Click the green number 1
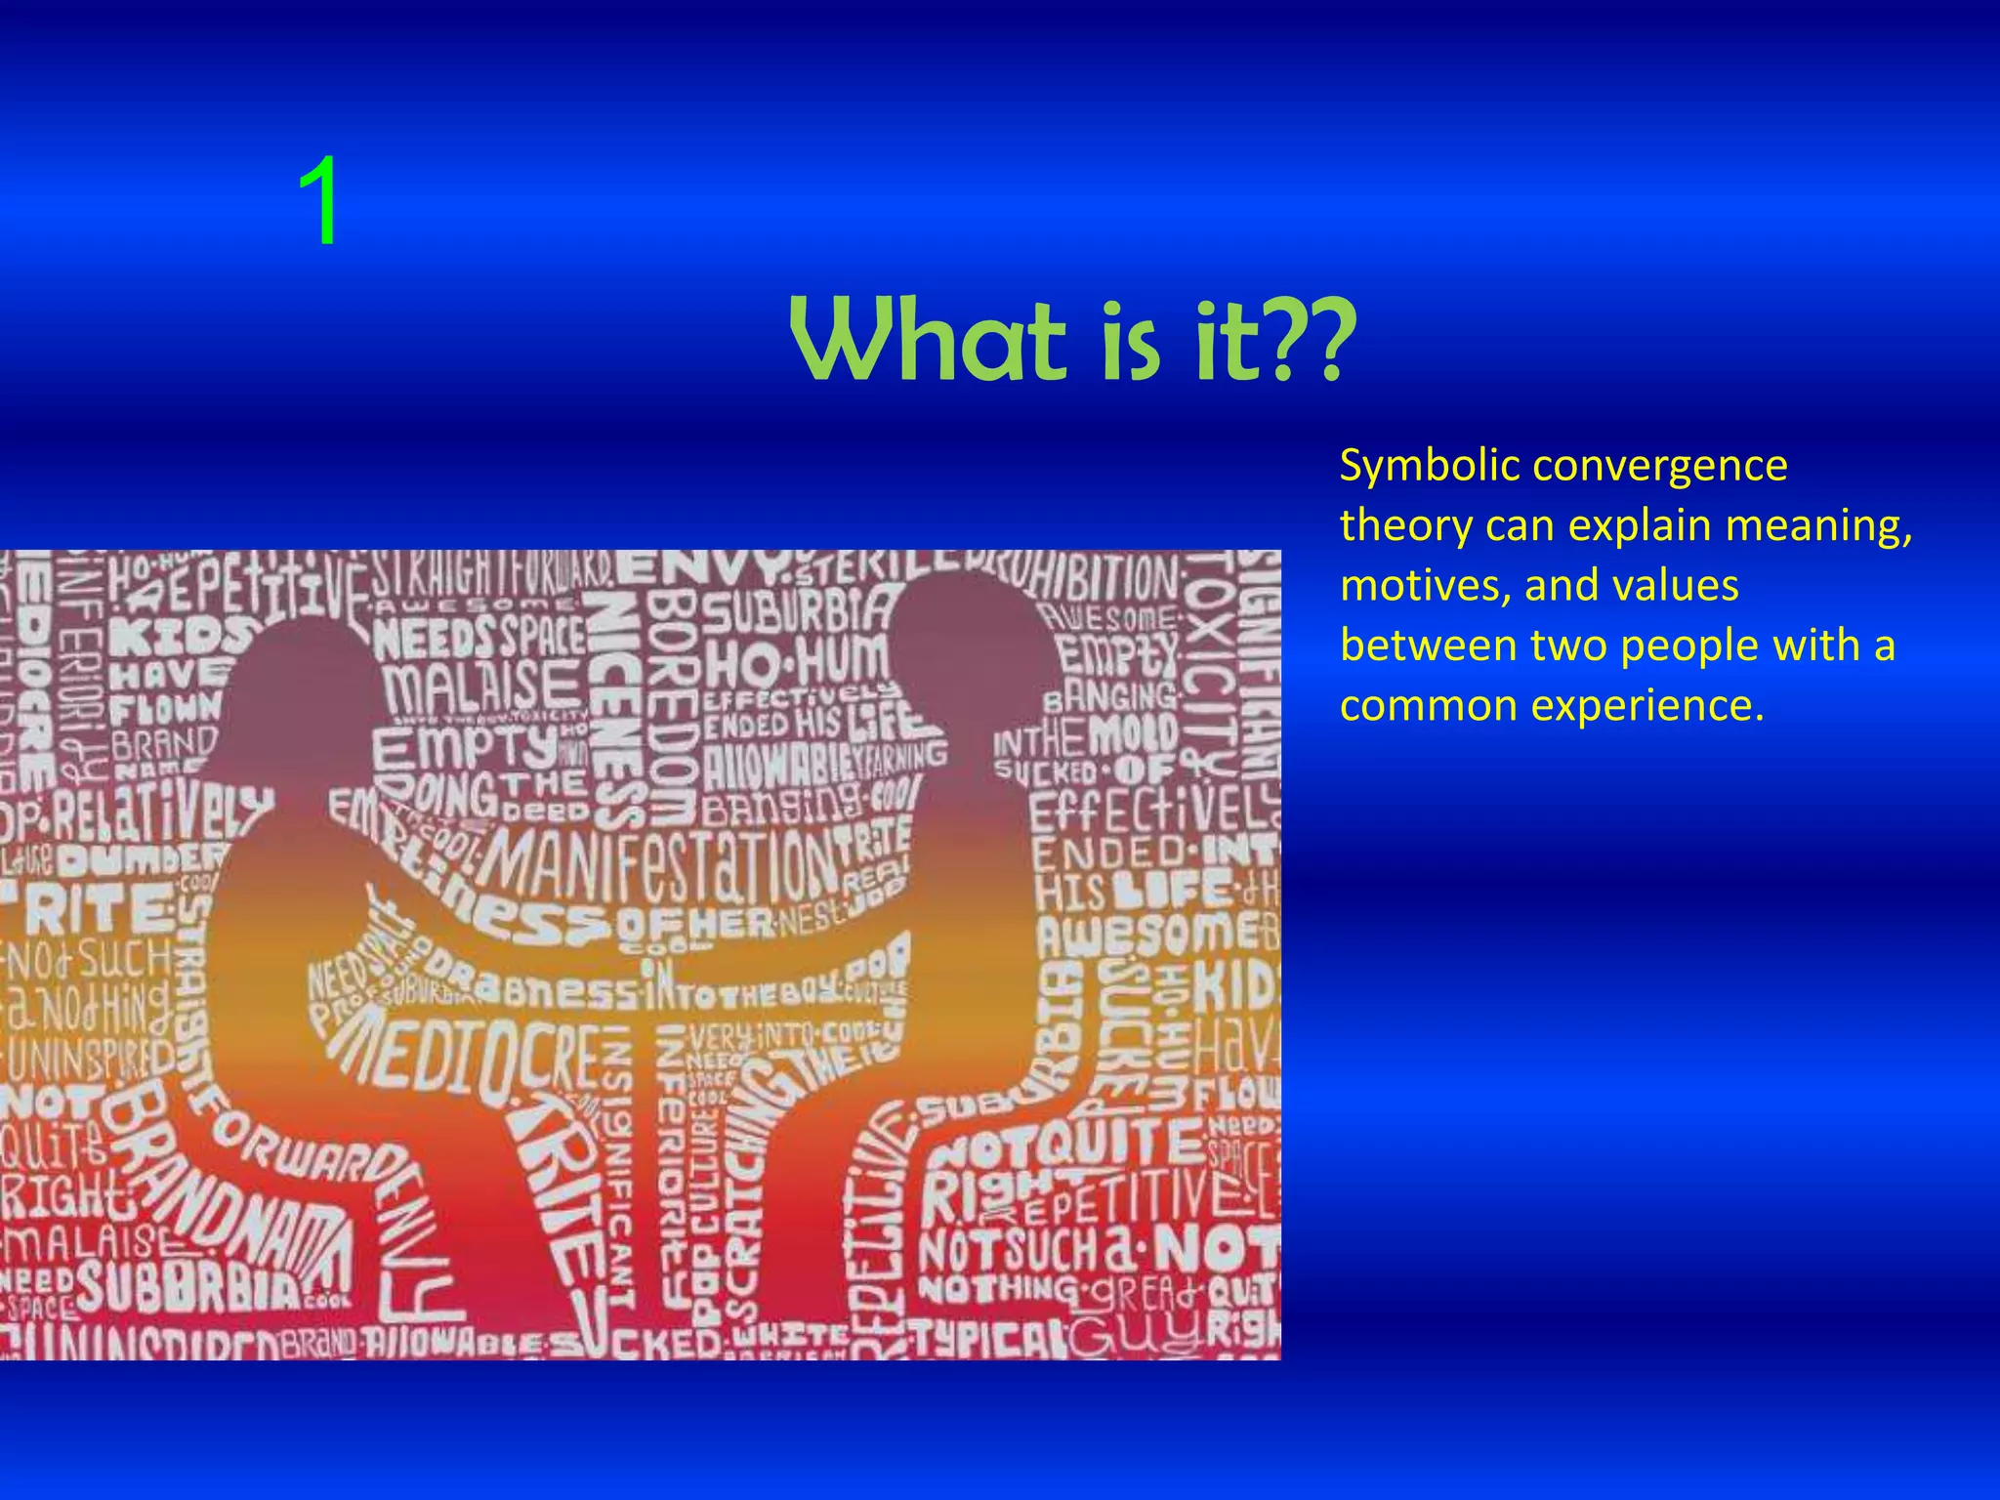coord(319,202)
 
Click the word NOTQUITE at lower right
coord(1064,1143)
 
